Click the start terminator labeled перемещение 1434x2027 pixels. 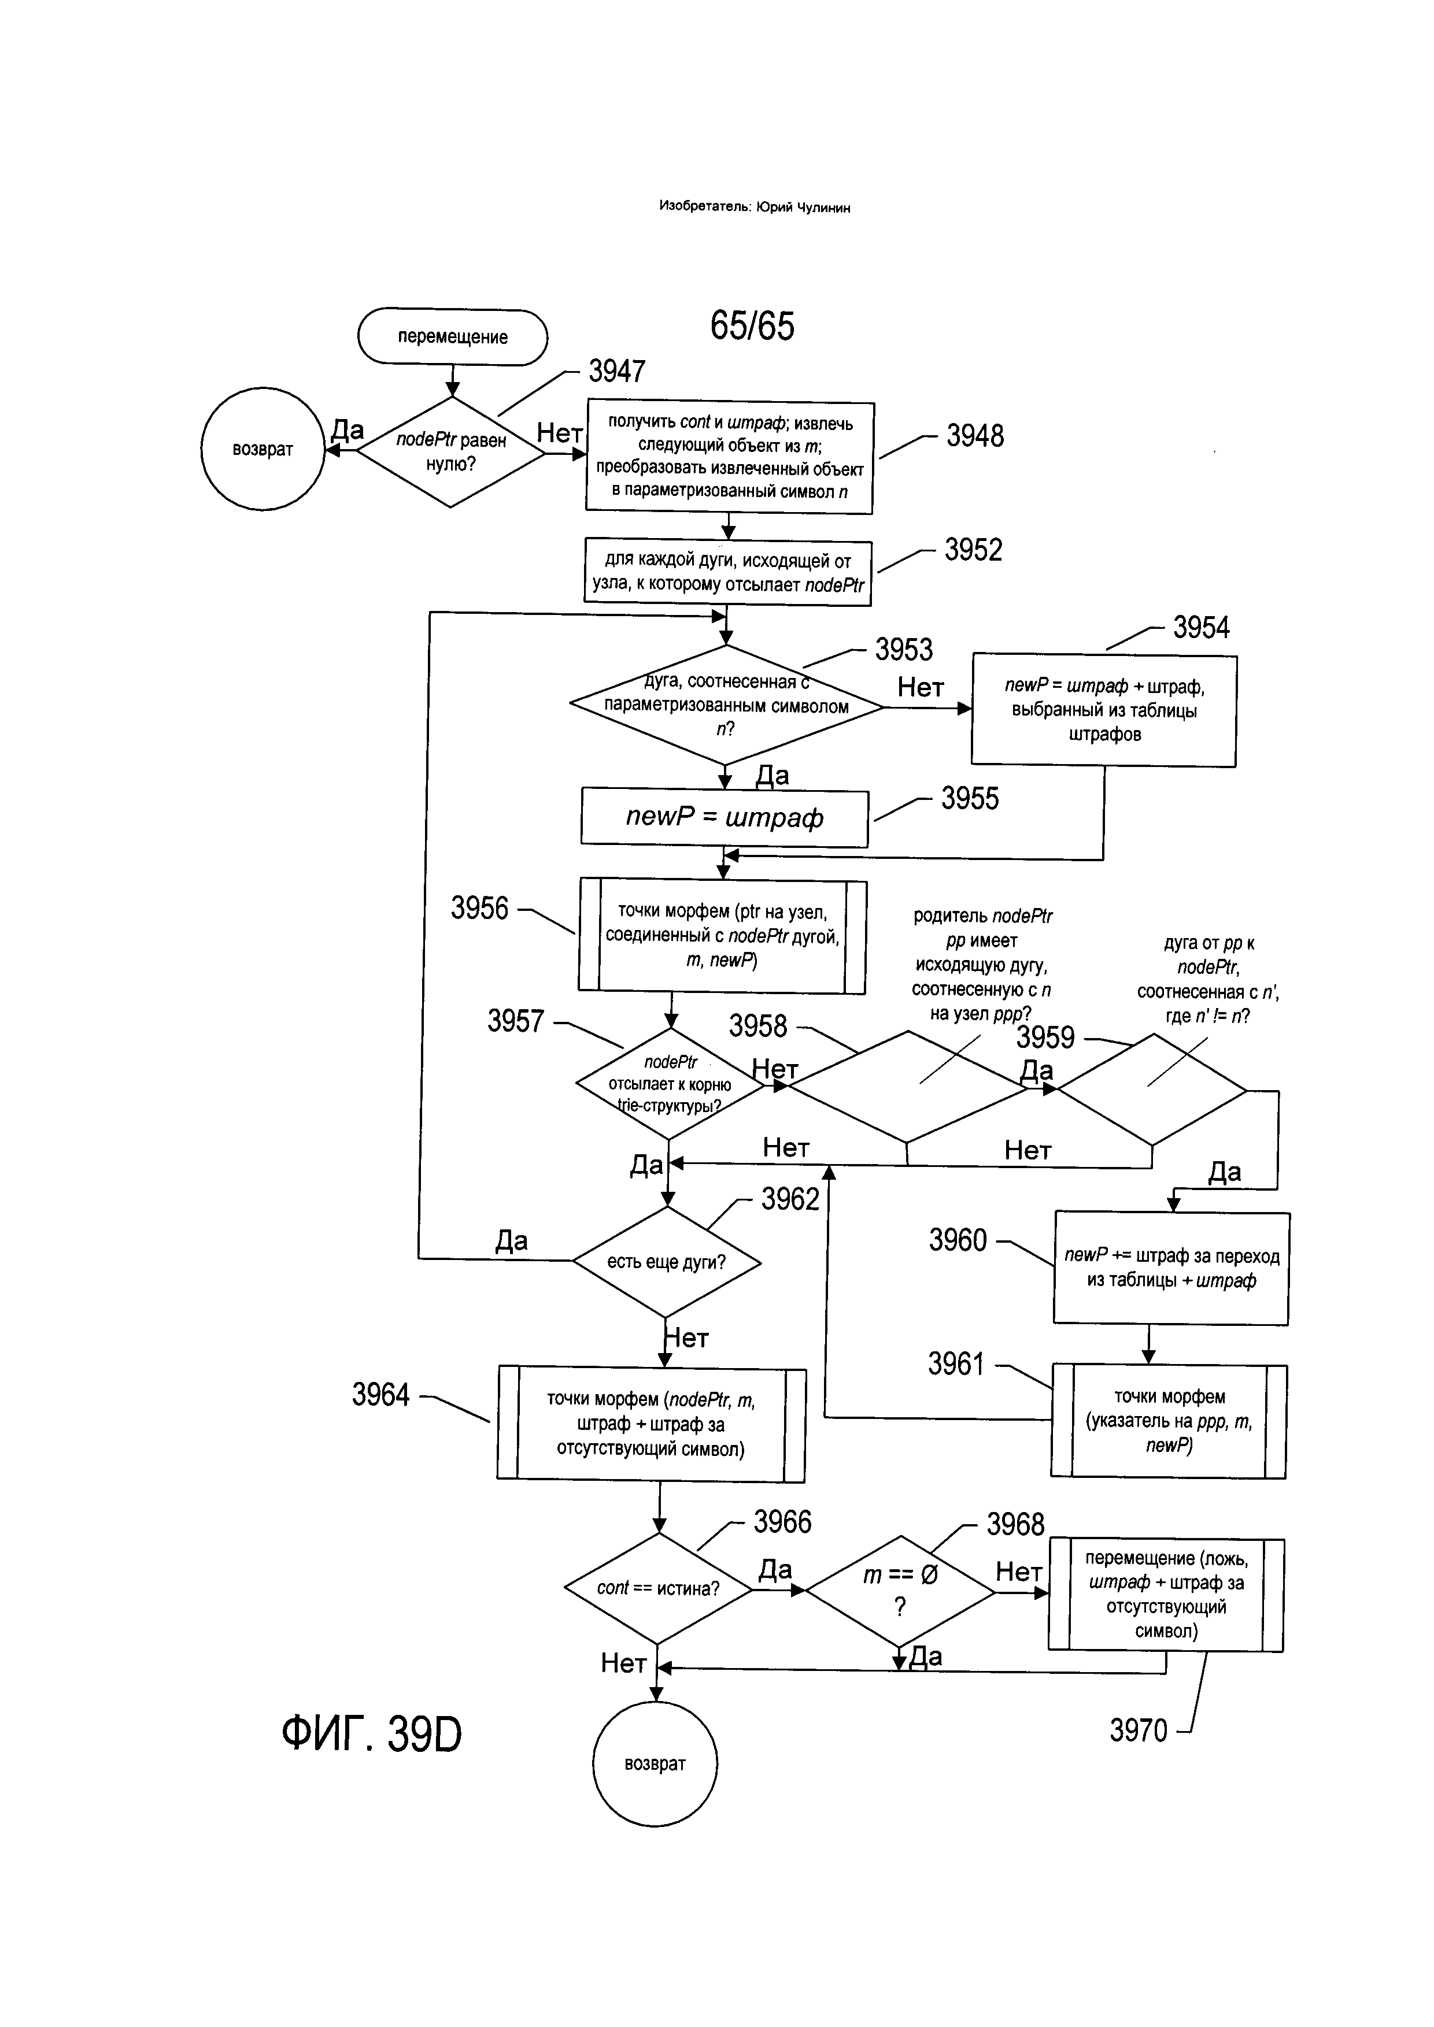pyautogui.click(x=452, y=337)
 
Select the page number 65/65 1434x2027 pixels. pyautogui.click(x=752, y=326)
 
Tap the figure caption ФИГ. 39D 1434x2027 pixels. pyautogui.click(x=372, y=1735)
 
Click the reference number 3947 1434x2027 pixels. pyautogui.click(x=616, y=372)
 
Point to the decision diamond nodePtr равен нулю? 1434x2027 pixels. pyautogui.click(x=450, y=452)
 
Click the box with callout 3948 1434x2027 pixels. pyautogui.click(x=729, y=457)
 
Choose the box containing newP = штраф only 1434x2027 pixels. pyautogui.click(x=724, y=817)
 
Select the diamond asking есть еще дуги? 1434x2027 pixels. pyautogui.click(x=667, y=1262)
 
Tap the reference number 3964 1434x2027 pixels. pyautogui.click(x=380, y=1395)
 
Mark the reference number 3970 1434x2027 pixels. pyautogui.click(x=1138, y=1731)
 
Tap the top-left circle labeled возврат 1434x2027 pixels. pyautogui.click(x=263, y=449)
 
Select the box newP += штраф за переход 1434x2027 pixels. pyautogui.click(x=1171, y=1268)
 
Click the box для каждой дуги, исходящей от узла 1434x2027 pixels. pyautogui.click(x=727, y=573)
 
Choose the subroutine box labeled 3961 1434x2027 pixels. pyautogui.click(x=1168, y=1421)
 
